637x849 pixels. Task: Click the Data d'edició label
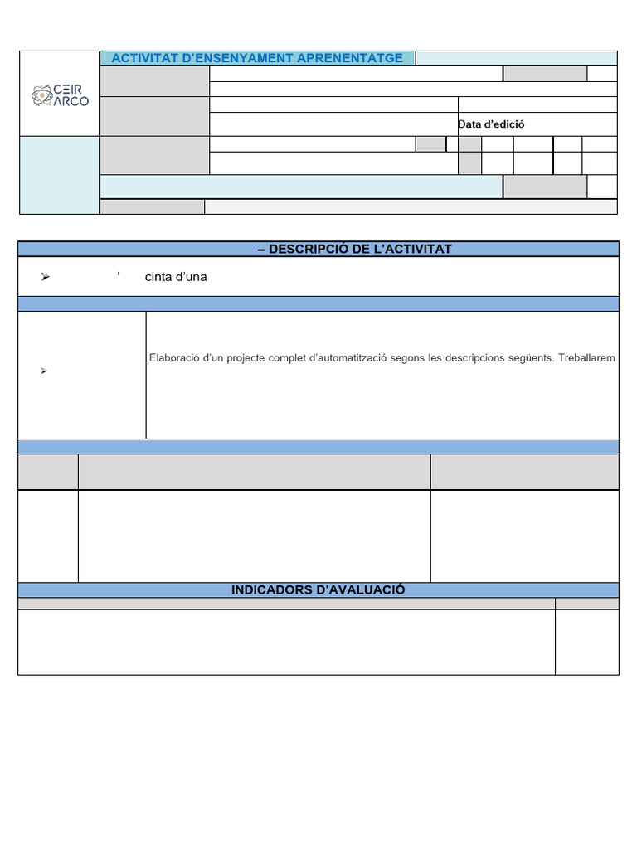tap(491, 124)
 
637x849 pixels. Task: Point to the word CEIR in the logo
tap(68, 89)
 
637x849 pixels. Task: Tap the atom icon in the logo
tap(41, 96)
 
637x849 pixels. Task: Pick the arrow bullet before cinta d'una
tap(46, 277)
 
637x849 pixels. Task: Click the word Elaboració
tap(176, 358)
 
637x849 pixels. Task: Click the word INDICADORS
tap(267, 589)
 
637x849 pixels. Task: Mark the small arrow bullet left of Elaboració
tap(44, 371)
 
